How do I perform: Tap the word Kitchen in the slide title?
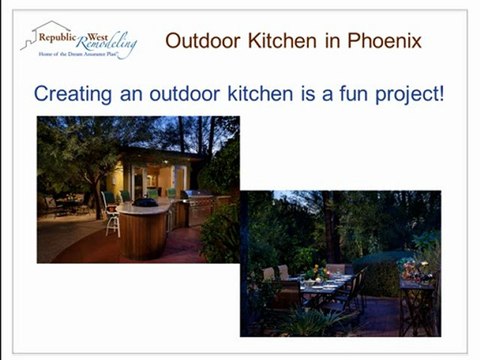(x=281, y=41)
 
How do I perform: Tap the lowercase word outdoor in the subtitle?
(x=176, y=95)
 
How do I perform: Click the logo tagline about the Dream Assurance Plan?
(x=84, y=56)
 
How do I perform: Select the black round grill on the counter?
(x=146, y=201)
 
